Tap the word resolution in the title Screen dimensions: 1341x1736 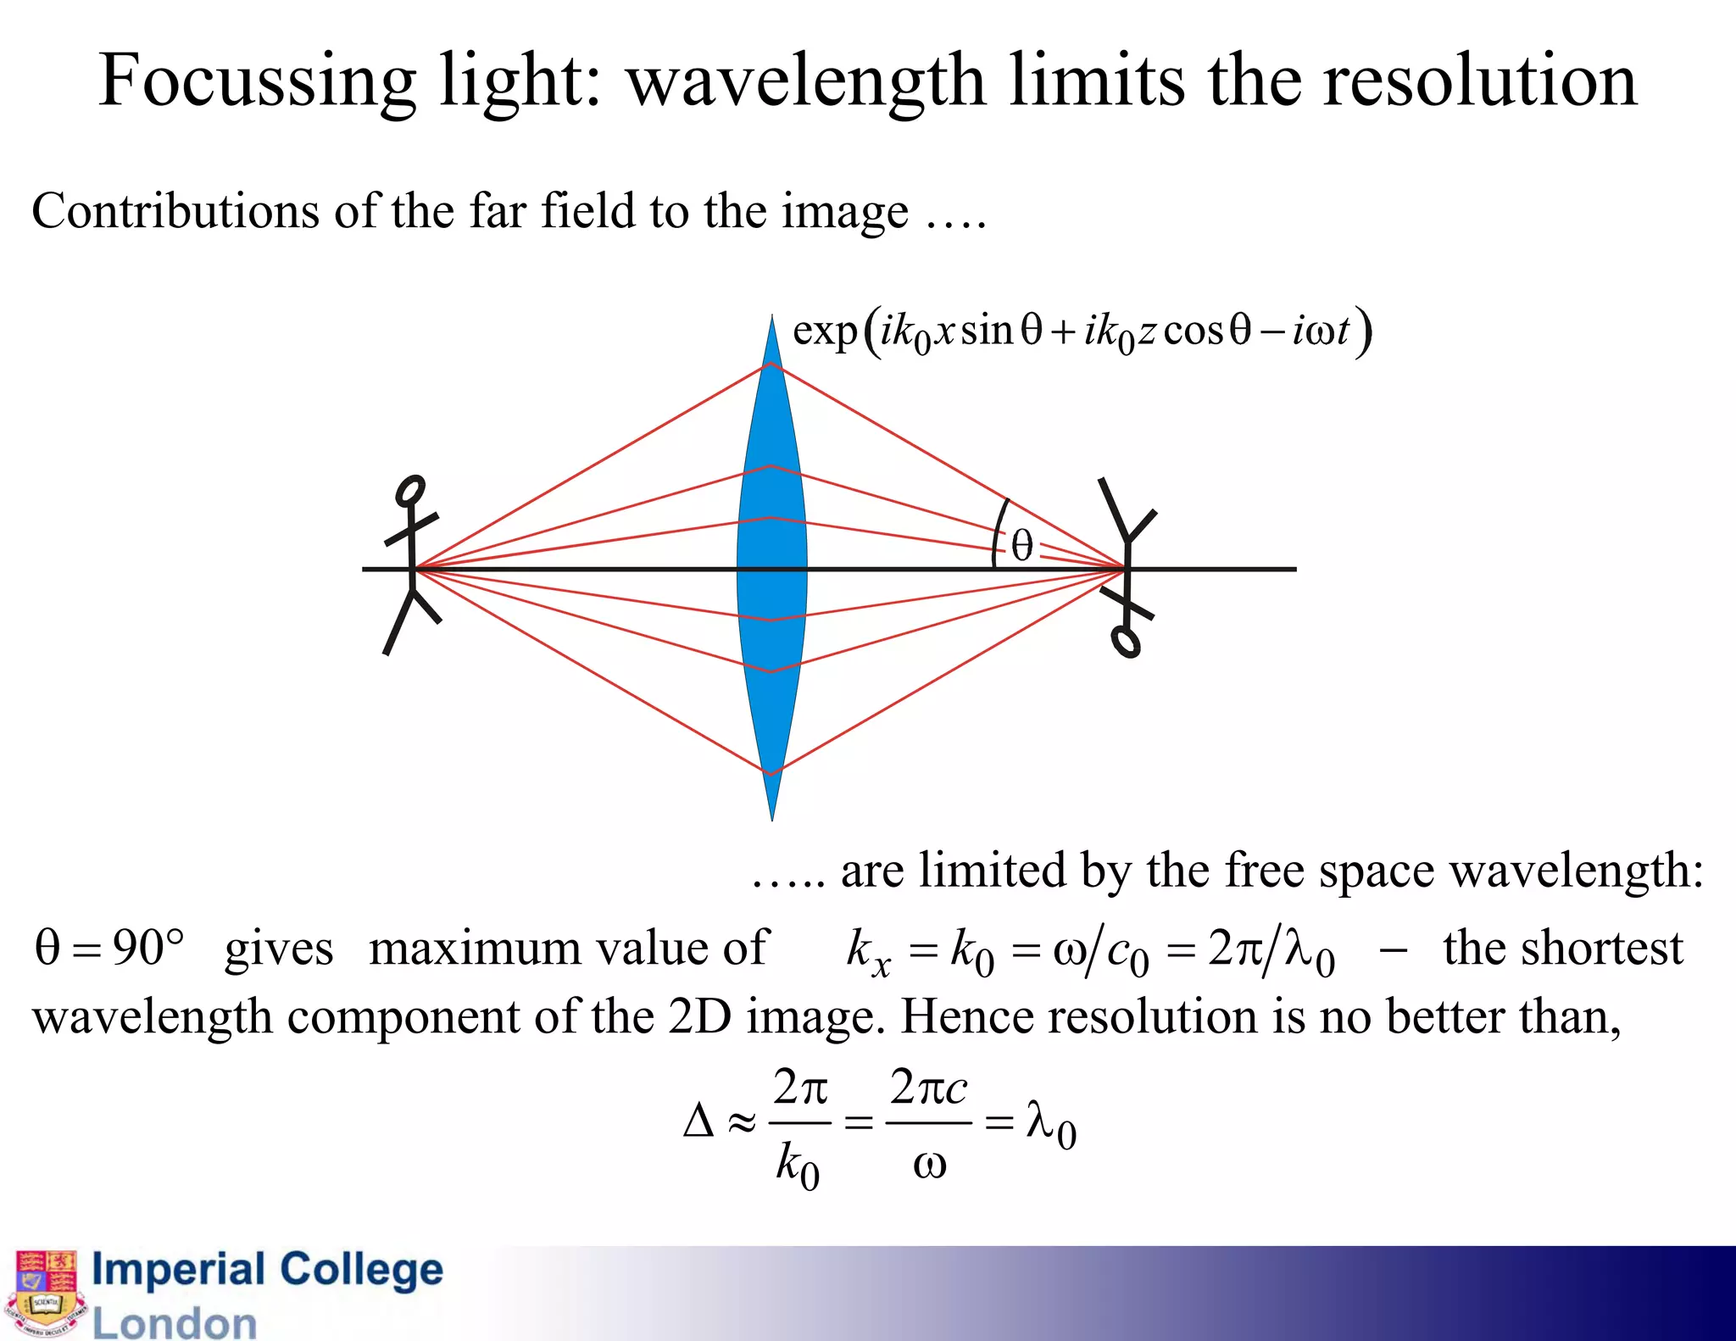point(1479,81)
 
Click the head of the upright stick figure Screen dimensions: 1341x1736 point(411,491)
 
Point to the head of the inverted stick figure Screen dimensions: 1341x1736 point(1127,642)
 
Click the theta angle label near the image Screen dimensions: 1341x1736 point(1022,547)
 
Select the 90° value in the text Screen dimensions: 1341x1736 point(148,948)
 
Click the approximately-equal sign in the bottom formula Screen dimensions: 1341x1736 point(741,1123)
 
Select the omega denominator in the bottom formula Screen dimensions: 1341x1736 point(929,1166)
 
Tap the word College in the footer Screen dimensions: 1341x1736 point(361,1270)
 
